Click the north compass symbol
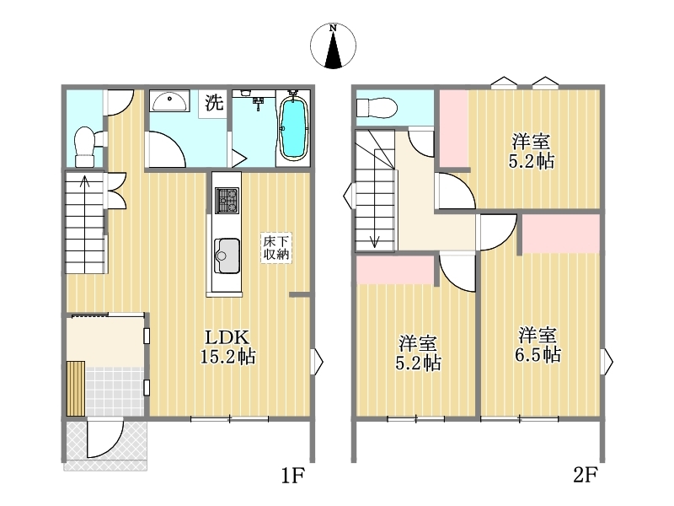(x=333, y=46)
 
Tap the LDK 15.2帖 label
(x=227, y=347)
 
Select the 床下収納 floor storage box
(x=276, y=248)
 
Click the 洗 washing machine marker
(x=214, y=102)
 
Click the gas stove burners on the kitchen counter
(x=227, y=201)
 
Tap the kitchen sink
(x=227, y=256)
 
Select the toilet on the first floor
(x=85, y=146)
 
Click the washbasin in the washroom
(x=170, y=102)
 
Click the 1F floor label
(x=292, y=476)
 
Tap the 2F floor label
(x=585, y=475)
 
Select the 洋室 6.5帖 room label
(x=538, y=345)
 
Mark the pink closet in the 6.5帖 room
(x=561, y=234)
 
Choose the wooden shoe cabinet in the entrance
(x=76, y=389)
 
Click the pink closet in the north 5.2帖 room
(x=453, y=128)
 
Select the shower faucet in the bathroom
(x=259, y=102)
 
